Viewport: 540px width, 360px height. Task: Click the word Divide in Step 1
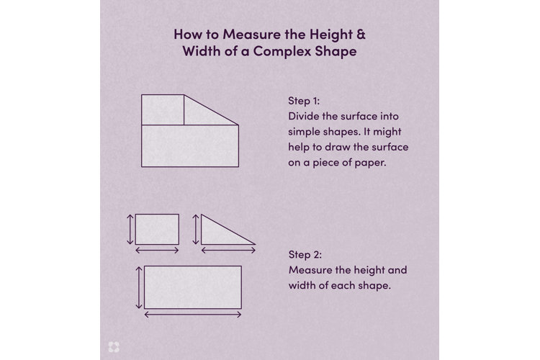coord(302,117)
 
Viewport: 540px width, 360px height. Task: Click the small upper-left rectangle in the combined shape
coord(162,110)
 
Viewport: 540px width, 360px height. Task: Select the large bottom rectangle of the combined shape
coord(189,146)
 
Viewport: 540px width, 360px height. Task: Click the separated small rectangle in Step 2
coord(157,229)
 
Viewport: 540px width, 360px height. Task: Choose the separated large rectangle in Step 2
coord(192,287)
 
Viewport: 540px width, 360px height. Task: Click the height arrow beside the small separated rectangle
coord(130,229)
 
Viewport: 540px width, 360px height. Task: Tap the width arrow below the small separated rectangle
coord(157,251)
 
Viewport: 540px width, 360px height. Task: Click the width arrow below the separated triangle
coord(228,251)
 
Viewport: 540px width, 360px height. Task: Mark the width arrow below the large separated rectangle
coord(192,315)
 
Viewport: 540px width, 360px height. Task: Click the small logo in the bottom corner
coord(113,346)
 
